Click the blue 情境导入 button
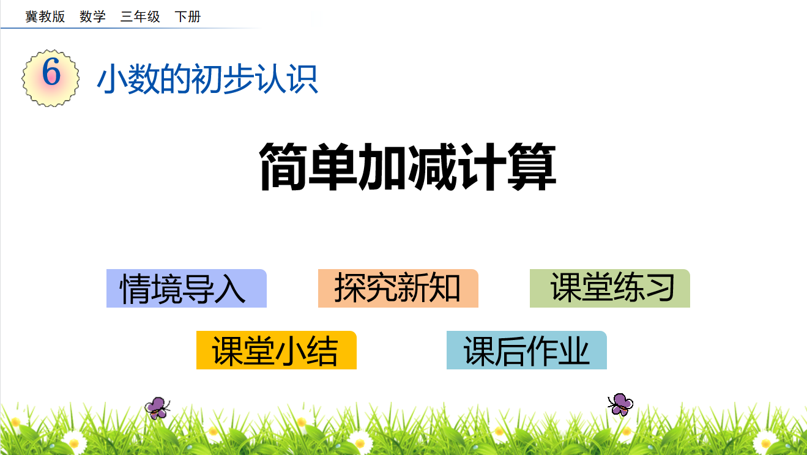pos(186,288)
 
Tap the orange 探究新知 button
pos(398,288)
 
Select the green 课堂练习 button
pos(610,288)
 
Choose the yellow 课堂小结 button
pos(277,350)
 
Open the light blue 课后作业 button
pos(527,350)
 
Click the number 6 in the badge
pos(51,72)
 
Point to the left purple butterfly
pos(157,408)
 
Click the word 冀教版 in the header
pos(45,17)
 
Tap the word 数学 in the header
pos(92,17)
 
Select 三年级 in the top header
pos(140,17)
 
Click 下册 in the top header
pos(188,17)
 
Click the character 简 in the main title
pos(283,166)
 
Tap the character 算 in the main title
pos(532,166)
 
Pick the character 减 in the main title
pos(433,166)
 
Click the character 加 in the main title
pos(382,166)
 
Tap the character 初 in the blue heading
pos(207,79)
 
